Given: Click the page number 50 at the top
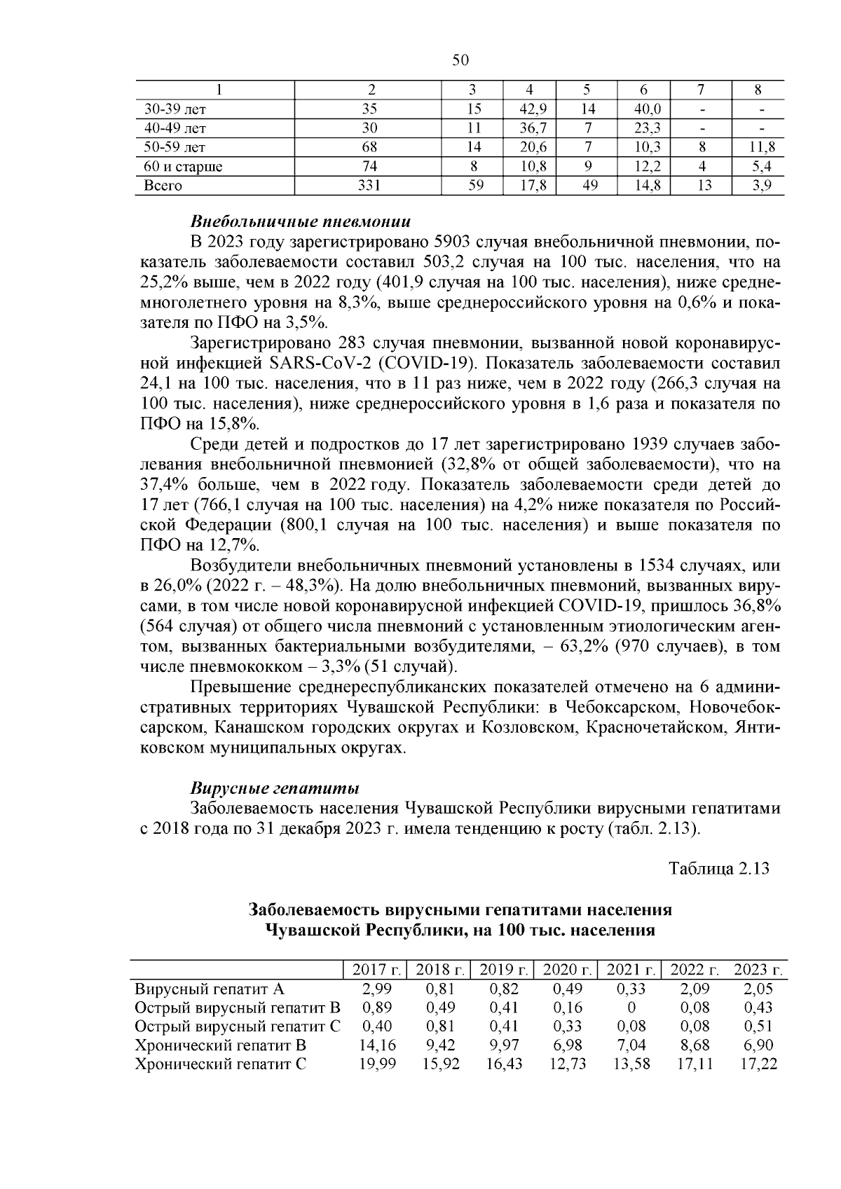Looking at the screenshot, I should tap(460, 61).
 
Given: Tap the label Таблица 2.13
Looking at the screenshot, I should tap(719, 869).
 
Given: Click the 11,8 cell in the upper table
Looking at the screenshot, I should tap(758, 147).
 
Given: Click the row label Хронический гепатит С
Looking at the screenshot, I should tap(221, 1064).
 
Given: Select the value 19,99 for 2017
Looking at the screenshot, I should tap(378, 1064).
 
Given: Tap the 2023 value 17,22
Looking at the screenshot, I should tap(758, 1064).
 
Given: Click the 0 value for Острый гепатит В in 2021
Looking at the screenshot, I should tap(631, 1008).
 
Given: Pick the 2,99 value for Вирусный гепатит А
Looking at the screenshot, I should tap(378, 989).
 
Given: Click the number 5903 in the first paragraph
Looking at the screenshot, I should tap(456, 242).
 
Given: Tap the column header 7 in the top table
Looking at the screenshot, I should tap(700, 90).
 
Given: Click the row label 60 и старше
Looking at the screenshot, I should tap(183, 167).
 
